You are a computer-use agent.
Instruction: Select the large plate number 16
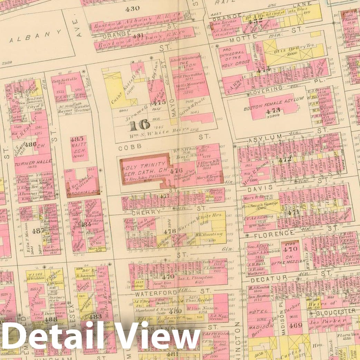point(139,125)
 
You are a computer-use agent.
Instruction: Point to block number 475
point(160,102)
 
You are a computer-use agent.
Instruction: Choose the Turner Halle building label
point(33,162)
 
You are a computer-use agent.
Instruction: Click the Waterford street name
point(151,294)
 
